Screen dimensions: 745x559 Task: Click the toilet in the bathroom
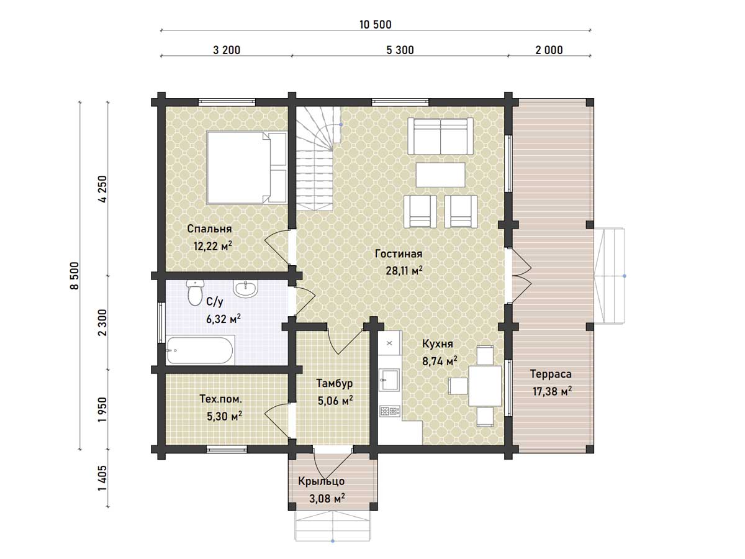pos(194,293)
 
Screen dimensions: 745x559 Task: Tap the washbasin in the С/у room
pos(245,289)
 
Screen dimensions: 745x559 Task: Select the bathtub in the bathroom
pos(200,350)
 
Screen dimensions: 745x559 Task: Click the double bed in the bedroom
pos(246,168)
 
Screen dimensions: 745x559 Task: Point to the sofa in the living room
pos(440,136)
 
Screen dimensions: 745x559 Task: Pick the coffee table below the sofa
pos(440,175)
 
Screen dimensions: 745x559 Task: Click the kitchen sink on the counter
pos(389,380)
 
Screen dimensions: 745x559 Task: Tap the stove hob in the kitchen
pos(390,411)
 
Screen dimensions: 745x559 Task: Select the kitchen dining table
pos(485,386)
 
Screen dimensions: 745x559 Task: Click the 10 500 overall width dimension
pos(376,24)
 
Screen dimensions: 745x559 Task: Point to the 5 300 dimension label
pos(400,50)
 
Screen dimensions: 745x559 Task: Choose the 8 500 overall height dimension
pos(74,275)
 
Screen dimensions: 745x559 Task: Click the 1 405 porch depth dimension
pos(102,478)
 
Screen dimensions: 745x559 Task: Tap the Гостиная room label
pos(399,254)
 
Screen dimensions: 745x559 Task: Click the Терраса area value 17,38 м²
pos(552,391)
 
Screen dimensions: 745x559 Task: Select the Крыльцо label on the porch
pos(321,481)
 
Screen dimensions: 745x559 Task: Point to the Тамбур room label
pos(334,383)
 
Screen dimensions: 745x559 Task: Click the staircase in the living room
pos(318,158)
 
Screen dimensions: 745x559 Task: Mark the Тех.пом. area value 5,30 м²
pos(224,416)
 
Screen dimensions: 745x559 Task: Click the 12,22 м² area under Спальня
pos(213,246)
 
